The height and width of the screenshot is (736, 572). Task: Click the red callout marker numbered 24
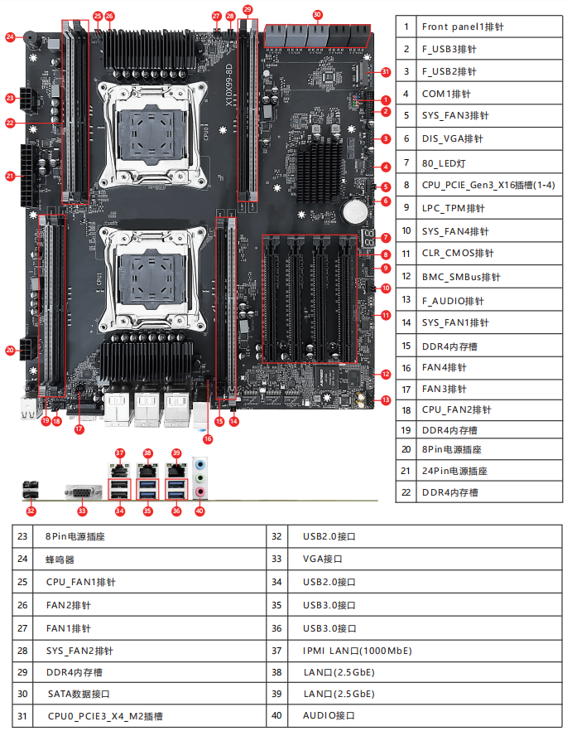[x=11, y=36]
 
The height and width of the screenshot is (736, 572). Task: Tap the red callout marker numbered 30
[x=318, y=15]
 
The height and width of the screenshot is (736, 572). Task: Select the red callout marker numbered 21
[x=11, y=176]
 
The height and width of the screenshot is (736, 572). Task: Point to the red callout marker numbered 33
[x=82, y=511]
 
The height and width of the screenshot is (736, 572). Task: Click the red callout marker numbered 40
[x=199, y=511]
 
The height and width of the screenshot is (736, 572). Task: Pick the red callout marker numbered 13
[x=386, y=400]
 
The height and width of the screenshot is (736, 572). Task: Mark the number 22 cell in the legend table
[x=406, y=492]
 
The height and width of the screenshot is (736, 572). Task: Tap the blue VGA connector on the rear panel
[x=83, y=491]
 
